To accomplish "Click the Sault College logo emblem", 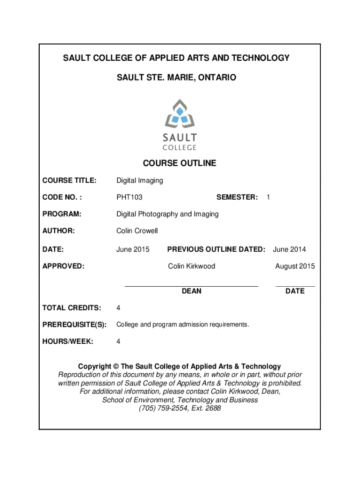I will pos(180,114).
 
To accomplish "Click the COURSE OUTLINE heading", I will pos(180,163).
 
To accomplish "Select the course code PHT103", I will pos(130,197).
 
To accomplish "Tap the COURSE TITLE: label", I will pos(69,181).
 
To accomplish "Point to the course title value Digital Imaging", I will pos(140,181).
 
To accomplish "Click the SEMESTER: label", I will pos(237,197).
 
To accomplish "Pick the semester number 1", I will pos(268,197).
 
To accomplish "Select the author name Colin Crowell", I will pos(137,231).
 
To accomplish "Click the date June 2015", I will pos(133,249).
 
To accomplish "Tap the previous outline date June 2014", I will pos(289,249).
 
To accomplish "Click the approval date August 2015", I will pos(295,266).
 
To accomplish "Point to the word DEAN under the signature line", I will pos(192,291).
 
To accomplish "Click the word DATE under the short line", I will pos(295,291).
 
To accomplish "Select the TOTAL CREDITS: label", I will pos(72,308).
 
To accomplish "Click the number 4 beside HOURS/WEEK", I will pos(118,341).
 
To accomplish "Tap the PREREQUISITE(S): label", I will pos(75,324).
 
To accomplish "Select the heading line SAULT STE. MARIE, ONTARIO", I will pos(177,77).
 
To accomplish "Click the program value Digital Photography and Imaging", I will pos(167,214).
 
